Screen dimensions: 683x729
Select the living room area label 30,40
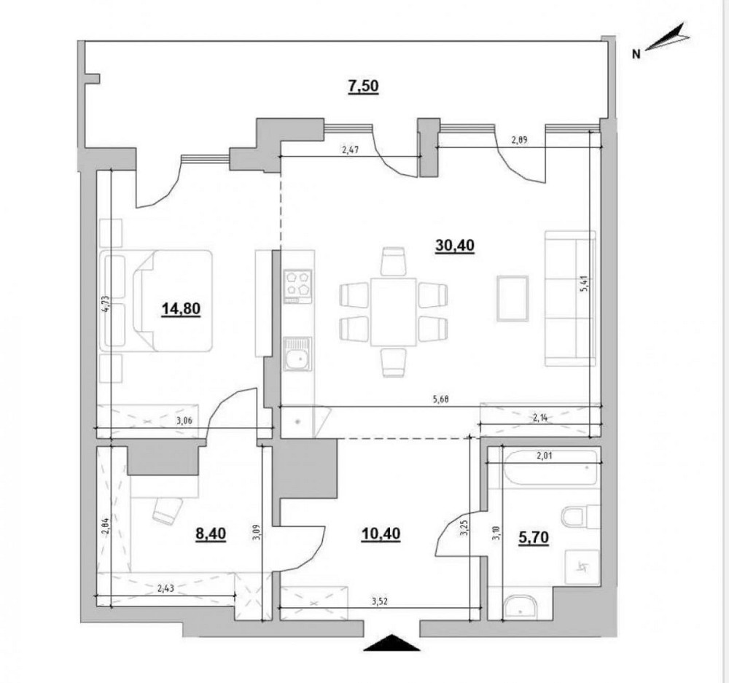[x=454, y=246]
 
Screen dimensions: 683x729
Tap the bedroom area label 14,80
[x=180, y=308]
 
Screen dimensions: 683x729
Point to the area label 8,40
[x=211, y=534]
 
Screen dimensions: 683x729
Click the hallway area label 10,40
[x=381, y=534]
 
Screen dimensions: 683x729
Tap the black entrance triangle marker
[x=392, y=644]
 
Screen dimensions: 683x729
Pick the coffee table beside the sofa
[x=512, y=297]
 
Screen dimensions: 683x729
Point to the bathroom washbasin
[x=519, y=606]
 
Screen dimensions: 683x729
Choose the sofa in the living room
[x=570, y=298]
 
